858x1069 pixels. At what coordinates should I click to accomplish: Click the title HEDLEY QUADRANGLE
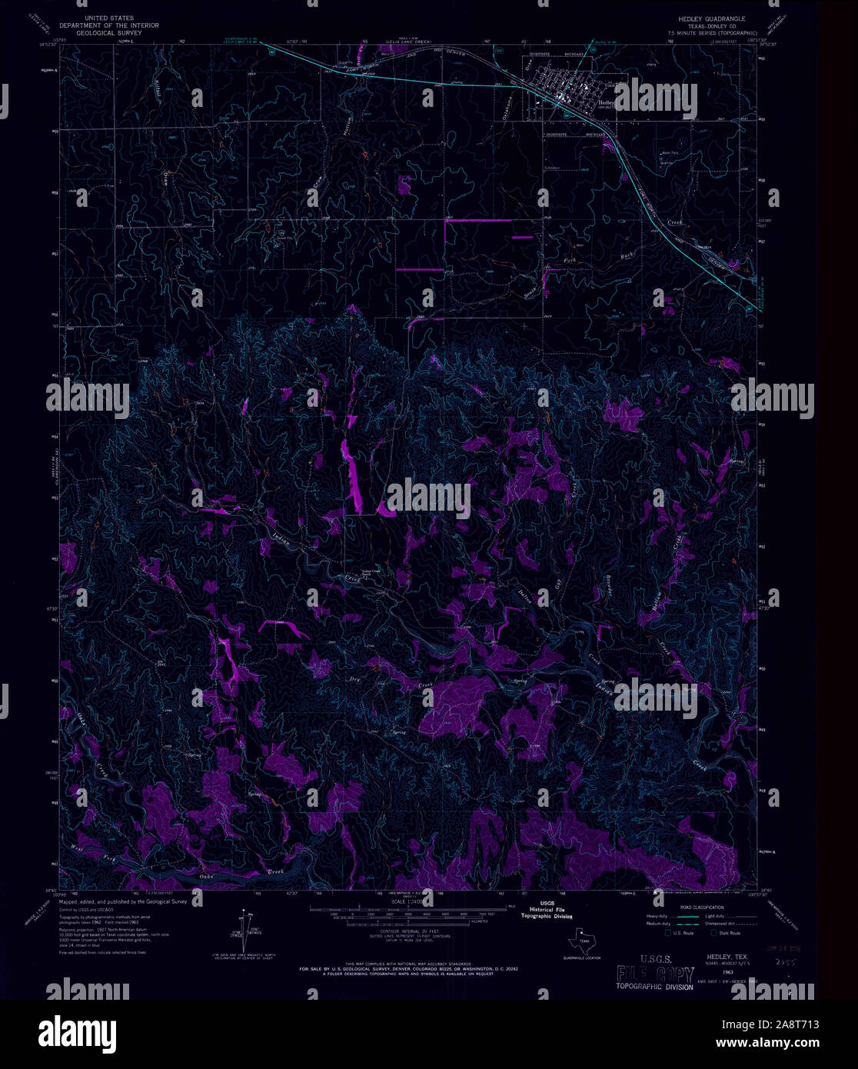(x=707, y=17)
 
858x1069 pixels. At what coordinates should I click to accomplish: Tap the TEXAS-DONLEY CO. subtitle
(x=707, y=25)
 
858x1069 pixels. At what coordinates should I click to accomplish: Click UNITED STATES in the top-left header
(x=109, y=17)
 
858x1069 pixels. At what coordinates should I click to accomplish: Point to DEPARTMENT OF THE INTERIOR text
(x=109, y=25)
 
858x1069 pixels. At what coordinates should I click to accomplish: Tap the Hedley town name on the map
(x=606, y=102)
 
